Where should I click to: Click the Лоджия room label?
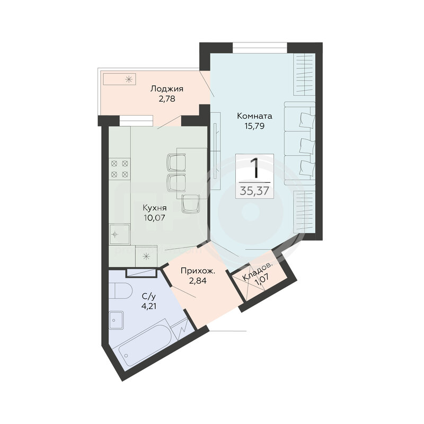167,89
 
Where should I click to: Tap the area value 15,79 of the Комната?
254,126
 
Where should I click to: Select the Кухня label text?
155,208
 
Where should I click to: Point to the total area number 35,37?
254,191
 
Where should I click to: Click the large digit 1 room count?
254,168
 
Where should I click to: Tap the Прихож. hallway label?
198,271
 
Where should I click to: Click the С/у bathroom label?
149,297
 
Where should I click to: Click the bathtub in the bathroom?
145,343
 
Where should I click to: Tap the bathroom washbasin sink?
117,320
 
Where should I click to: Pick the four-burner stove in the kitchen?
120,169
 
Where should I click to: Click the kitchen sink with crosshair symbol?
119,234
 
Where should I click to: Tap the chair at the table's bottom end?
191,204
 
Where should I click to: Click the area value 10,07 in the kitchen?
154,218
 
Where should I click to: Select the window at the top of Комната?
260,48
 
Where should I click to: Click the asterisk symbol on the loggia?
129,79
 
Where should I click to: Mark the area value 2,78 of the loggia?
167,99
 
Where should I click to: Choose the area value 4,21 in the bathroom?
149,306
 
